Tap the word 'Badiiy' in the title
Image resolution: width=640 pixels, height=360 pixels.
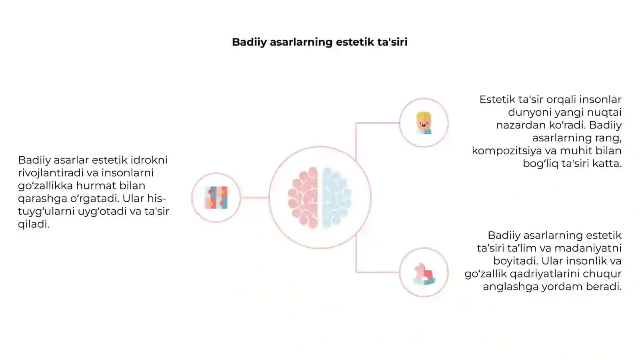point(249,42)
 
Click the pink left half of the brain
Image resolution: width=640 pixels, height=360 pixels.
point(303,198)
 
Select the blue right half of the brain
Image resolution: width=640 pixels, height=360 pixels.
point(337,198)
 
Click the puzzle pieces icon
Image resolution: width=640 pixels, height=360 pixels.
point(216,198)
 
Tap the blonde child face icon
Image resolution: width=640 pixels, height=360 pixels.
point(424,123)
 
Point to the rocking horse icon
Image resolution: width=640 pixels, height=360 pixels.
point(424,274)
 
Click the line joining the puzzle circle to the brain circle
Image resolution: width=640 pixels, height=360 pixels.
point(254,198)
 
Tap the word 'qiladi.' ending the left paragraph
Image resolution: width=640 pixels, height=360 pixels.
point(34,224)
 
